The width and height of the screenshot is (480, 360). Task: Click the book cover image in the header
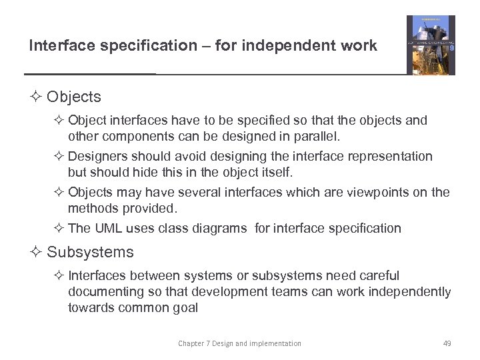coord(431,45)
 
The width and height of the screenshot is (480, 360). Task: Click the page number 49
coord(447,343)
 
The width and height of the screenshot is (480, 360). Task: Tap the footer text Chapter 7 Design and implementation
coord(239,343)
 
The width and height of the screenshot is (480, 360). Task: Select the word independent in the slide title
coord(296,46)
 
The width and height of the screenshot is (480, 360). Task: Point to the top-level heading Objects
coord(74,97)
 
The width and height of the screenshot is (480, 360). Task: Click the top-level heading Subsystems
coord(90,252)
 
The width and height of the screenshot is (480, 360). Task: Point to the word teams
coord(283,291)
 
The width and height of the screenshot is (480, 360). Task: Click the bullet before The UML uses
coord(58,229)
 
